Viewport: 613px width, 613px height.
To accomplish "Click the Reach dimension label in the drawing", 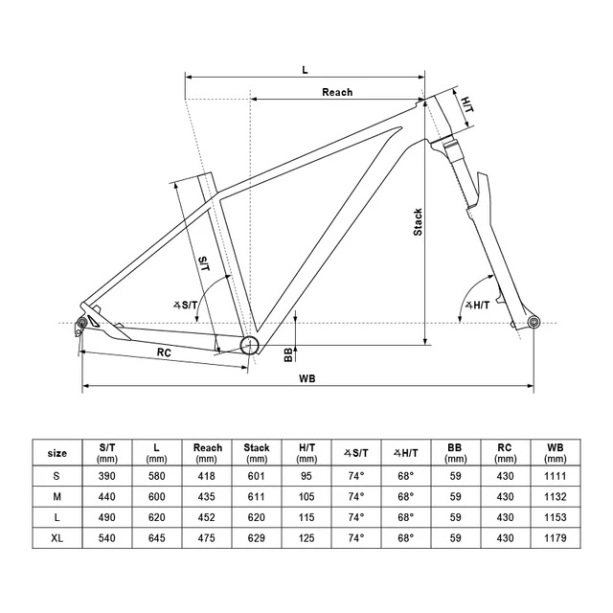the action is coord(337,92).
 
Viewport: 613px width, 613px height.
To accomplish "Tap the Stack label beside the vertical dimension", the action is coord(418,222).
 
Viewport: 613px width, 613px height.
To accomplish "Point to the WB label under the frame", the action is coord(307,378).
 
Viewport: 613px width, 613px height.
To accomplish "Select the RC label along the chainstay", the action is coord(164,352).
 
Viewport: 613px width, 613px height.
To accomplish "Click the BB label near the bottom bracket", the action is coord(288,355).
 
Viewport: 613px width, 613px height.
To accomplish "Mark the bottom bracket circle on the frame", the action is coord(249,345).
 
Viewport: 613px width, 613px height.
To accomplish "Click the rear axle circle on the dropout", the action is coord(82,323).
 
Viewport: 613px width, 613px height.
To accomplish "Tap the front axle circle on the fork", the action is coord(534,323).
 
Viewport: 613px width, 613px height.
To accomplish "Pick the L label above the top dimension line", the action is coord(305,70).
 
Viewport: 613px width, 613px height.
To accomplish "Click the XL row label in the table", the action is coord(57,538).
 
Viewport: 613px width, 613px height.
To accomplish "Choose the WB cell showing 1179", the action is coord(556,538).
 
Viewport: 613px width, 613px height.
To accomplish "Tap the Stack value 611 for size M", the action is coord(257,497).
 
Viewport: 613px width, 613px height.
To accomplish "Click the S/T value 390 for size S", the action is coord(106,476).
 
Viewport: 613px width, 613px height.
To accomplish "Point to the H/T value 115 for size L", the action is coord(306,517).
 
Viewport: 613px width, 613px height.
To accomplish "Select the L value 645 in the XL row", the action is coord(157,538).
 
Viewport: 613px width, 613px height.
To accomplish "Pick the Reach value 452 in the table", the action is coord(207,517).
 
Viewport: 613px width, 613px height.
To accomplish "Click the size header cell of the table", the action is coord(57,453).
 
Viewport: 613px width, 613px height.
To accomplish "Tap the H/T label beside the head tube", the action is coord(466,104).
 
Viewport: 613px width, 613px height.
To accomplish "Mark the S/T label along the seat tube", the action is coord(204,264).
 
